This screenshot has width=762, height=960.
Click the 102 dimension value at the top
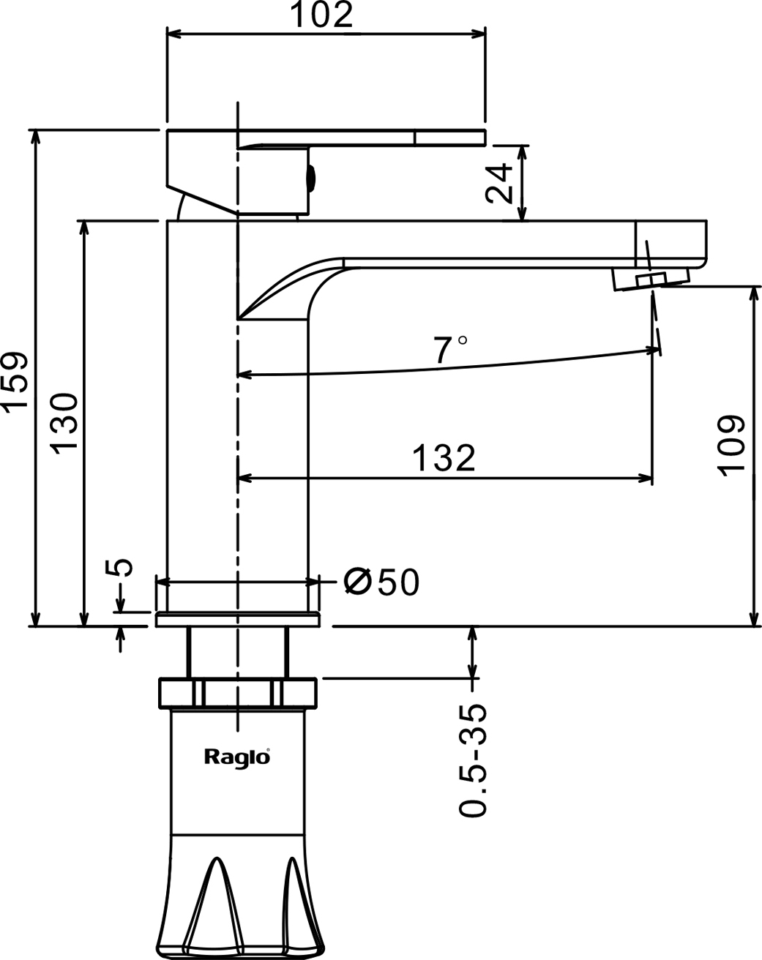[x=322, y=15]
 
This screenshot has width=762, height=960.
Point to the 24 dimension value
[x=501, y=183]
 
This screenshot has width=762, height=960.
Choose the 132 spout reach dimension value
[x=444, y=459]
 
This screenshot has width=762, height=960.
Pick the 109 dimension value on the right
[x=732, y=446]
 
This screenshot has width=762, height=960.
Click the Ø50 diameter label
[x=381, y=582]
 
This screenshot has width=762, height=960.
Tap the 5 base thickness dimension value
[x=122, y=568]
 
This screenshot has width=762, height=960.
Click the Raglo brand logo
[x=236, y=757]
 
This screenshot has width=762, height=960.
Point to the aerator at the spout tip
[x=651, y=279]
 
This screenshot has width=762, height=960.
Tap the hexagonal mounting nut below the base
[x=238, y=693]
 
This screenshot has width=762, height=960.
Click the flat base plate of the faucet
[x=238, y=620]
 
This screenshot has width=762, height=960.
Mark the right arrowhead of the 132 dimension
[x=646, y=479]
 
